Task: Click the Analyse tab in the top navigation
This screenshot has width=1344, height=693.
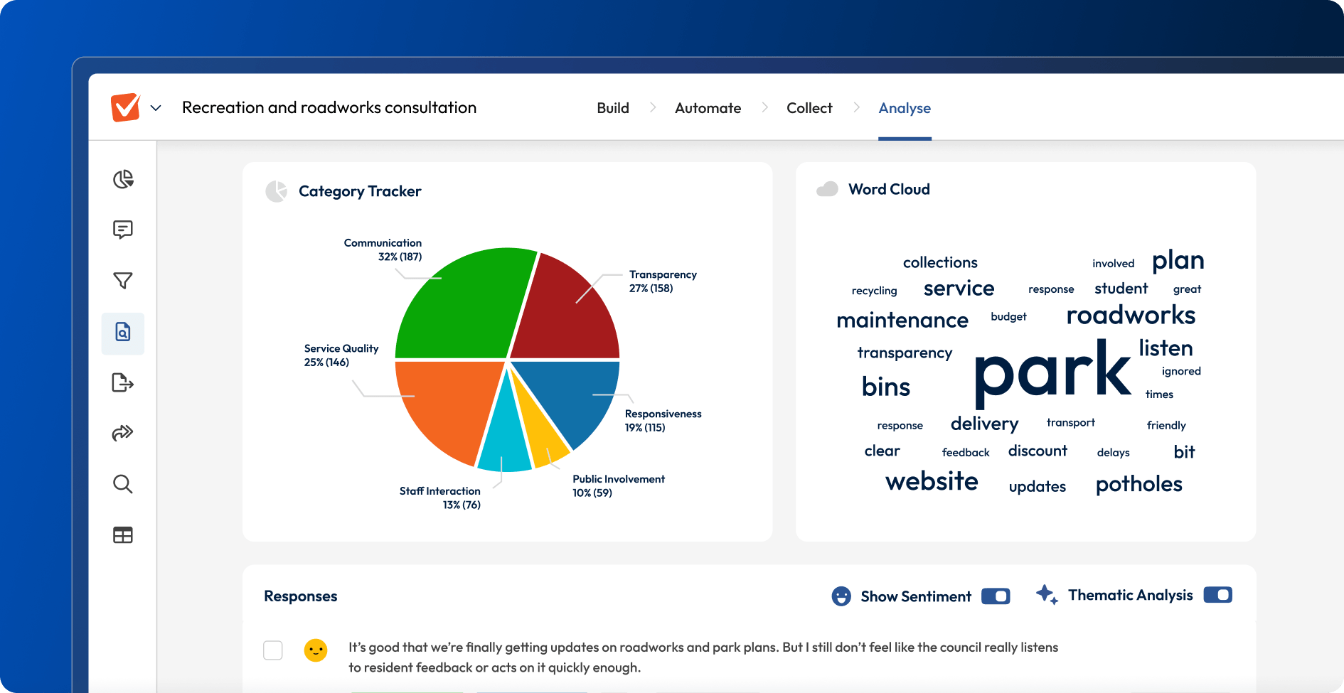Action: pyautogui.click(x=905, y=108)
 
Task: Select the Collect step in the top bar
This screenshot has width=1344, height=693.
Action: pyautogui.click(x=809, y=108)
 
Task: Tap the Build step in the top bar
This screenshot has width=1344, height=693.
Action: pyautogui.click(x=613, y=108)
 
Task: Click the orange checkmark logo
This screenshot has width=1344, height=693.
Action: pyautogui.click(x=126, y=107)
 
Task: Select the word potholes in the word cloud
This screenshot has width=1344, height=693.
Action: pyautogui.click(x=1138, y=484)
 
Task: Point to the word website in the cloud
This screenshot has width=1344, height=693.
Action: pyautogui.click(x=932, y=481)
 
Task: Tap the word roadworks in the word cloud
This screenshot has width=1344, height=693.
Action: pyautogui.click(x=1131, y=315)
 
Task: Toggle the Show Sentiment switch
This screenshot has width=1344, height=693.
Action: pyautogui.click(x=996, y=596)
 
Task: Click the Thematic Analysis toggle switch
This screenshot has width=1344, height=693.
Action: pyautogui.click(x=1217, y=595)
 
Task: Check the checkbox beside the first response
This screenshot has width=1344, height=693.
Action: pyautogui.click(x=273, y=650)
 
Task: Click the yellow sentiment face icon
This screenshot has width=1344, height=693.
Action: pyautogui.click(x=316, y=650)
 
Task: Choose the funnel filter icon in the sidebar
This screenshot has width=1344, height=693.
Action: pyautogui.click(x=123, y=281)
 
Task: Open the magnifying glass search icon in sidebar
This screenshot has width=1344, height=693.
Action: pyautogui.click(x=123, y=485)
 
